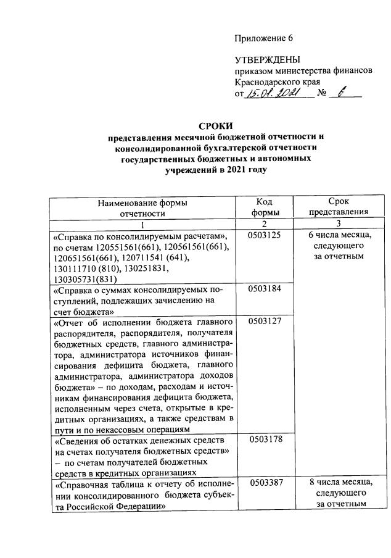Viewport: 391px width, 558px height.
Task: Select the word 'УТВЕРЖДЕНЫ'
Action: [x=267, y=60]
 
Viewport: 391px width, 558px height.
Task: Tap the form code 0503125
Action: [x=265, y=236]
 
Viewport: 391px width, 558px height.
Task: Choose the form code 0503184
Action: [x=265, y=289]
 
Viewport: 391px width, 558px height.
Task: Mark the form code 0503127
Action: [x=265, y=321]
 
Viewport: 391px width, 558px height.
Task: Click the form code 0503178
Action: [x=265, y=439]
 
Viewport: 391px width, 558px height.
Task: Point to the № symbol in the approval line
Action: [x=321, y=94]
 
